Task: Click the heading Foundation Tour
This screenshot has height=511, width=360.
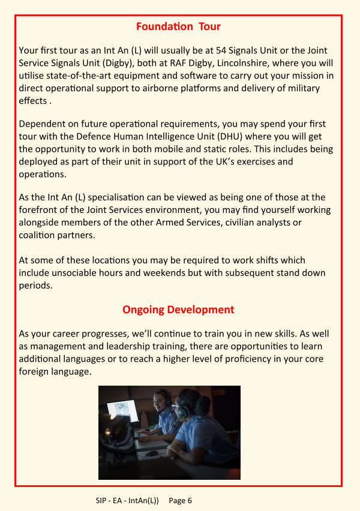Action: (x=178, y=26)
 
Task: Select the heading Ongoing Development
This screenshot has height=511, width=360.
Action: (x=178, y=309)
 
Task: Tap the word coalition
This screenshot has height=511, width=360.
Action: (x=41, y=235)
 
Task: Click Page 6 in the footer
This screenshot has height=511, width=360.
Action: (x=181, y=500)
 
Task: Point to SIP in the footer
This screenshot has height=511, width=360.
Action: (x=102, y=500)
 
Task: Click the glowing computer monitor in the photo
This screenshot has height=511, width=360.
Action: (x=122, y=411)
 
